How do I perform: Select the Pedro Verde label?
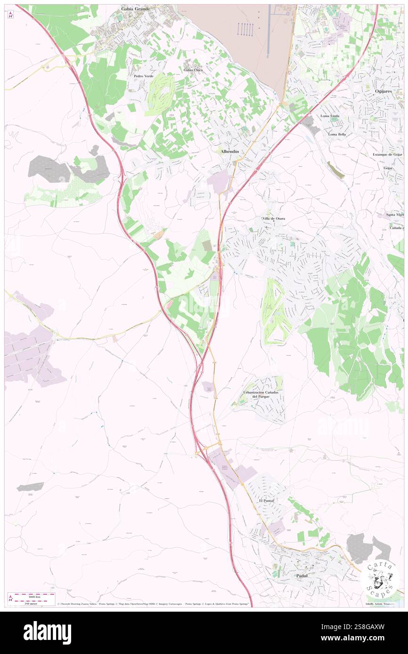[144, 76]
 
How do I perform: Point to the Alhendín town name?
[230, 152]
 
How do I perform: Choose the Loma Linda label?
[330, 116]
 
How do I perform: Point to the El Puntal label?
[266, 501]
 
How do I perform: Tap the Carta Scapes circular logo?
[380, 578]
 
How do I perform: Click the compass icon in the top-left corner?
[11, 15]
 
